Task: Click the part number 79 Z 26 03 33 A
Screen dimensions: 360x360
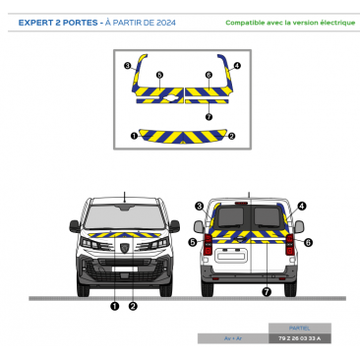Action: pos(300,338)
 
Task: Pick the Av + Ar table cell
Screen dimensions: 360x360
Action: pos(232,338)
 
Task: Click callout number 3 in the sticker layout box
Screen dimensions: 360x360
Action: pos(128,65)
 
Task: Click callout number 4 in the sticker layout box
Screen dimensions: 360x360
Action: pos(237,65)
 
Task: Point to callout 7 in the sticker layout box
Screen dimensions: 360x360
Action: pos(209,116)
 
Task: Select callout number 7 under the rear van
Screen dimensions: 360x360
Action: pos(266,292)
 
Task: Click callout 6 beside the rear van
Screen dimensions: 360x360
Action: pos(308,241)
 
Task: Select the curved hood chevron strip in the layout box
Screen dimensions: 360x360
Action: pos(182,135)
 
